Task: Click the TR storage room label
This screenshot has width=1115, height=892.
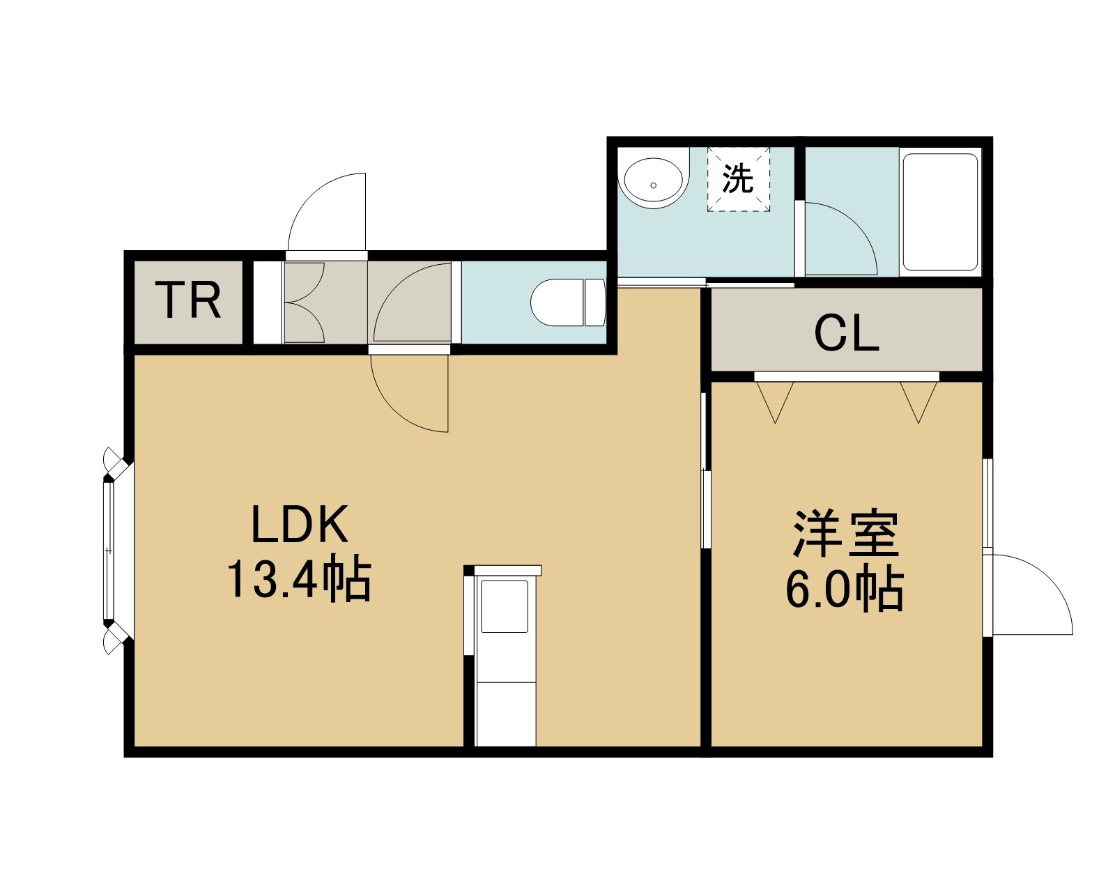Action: pos(191,300)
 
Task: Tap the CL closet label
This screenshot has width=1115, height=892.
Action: pos(847,334)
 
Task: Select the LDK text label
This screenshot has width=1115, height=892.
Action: pos(299,525)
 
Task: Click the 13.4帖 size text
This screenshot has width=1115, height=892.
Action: pos(299,580)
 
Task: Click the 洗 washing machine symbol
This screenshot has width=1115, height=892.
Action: pos(738,179)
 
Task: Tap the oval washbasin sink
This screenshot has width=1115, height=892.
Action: pos(654,183)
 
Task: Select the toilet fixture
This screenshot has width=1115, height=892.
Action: pos(568,302)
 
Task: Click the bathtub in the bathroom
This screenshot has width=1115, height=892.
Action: pos(940,212)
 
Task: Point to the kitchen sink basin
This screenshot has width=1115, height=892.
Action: pos(504,606)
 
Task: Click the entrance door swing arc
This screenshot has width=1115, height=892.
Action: pos(327,212)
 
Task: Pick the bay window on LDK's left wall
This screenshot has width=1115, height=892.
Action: pos(117,551)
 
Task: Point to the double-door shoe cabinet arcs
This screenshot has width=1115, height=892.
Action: pos(304,302)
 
